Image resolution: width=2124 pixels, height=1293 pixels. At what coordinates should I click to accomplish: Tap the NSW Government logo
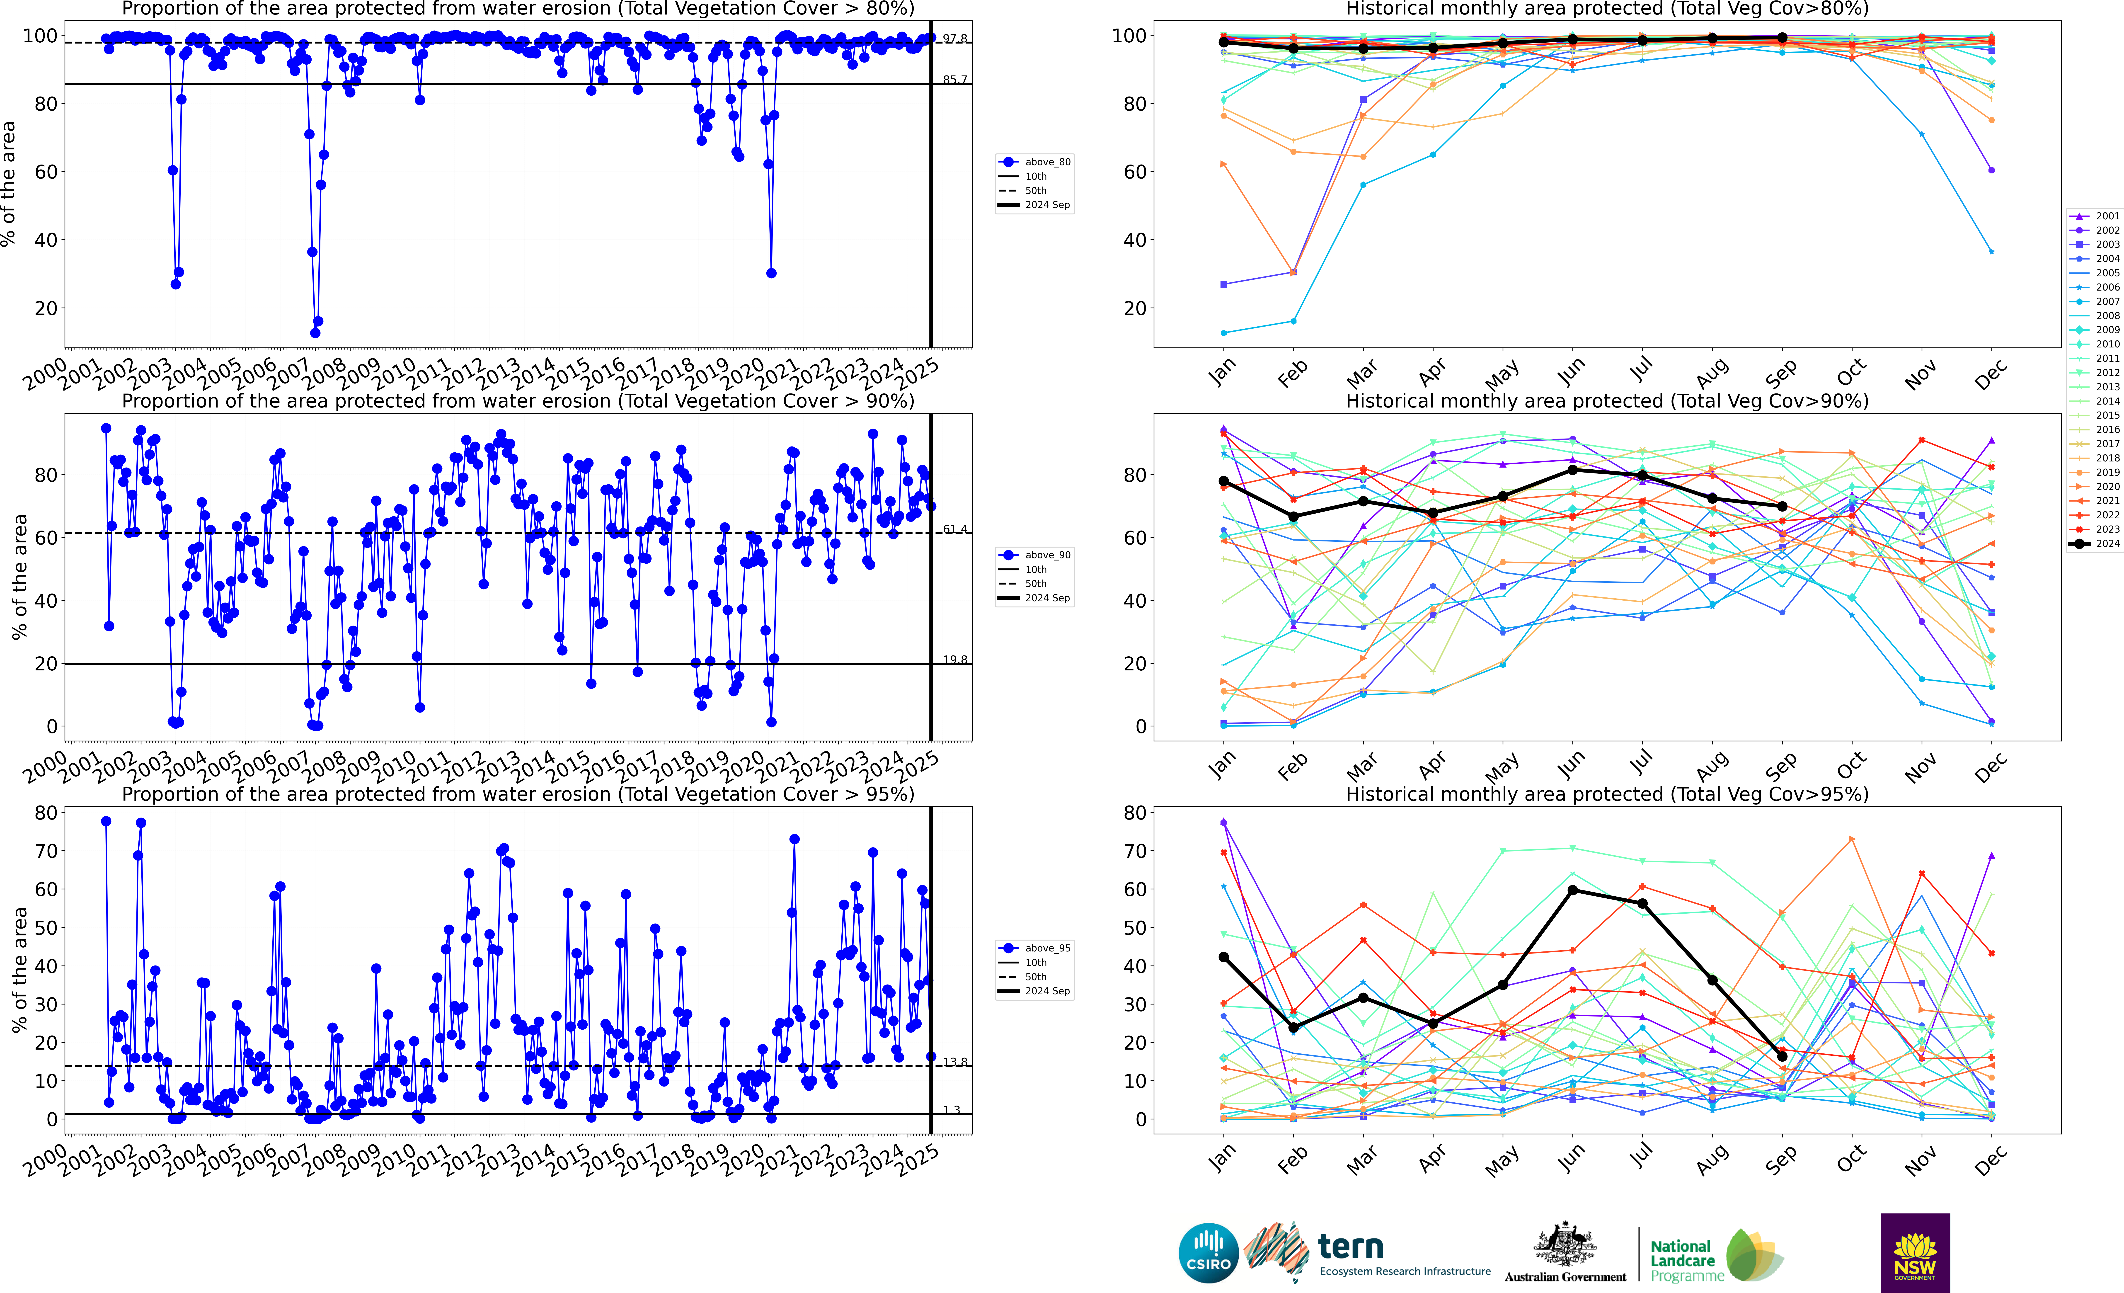coord(1915,1252)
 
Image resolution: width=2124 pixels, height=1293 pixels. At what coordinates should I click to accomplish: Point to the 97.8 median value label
coord(954,39)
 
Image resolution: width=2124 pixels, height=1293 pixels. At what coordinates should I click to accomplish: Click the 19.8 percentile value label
coord(954,660)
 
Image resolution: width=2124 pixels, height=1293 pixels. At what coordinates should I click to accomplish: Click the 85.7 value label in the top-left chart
coord(954,79)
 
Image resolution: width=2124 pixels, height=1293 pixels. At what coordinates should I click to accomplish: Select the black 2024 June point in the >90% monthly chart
coord(1573,470)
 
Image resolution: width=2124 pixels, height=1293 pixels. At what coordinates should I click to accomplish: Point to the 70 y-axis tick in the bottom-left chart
coord(46,851)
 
